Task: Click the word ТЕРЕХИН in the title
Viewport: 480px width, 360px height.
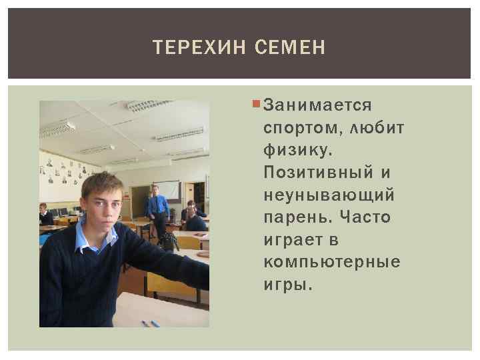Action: point(193,47)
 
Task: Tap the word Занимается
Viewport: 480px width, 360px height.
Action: point(318,105)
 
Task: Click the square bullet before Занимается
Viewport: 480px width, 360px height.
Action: point(257,105)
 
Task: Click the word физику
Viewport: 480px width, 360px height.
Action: point(297,150)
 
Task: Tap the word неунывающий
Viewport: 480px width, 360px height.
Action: point(329,195)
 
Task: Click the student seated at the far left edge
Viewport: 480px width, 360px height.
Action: point(45,215)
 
